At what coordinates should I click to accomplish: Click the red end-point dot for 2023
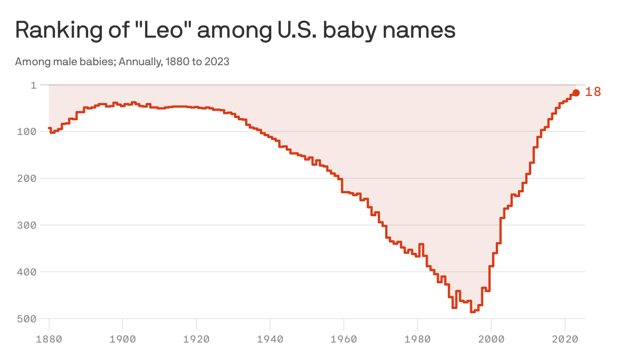pyautogui.click(x=576, y=93)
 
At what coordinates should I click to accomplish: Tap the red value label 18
pyautogui.click(x=593, y=92)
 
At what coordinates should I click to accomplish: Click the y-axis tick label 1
pyautogui.click(x=33, y=85)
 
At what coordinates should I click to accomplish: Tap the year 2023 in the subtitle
pyautogui.click(x=217, y=62)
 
